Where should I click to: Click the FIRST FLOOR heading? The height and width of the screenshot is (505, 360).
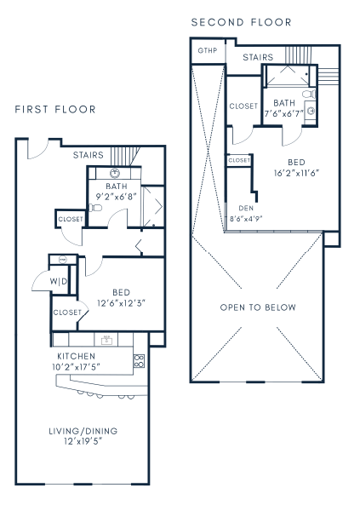click(55, 110)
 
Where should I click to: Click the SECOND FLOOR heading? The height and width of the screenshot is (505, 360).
click(241, 22)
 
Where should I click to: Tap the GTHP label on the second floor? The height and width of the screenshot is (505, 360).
click(208, 51)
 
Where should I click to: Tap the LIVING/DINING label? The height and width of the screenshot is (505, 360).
click(83, 431)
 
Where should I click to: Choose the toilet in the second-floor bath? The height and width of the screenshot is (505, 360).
click(308, 94)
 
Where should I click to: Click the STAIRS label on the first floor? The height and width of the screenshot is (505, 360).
click(89, 155)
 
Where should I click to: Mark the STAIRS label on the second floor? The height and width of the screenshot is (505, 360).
click(257, 58)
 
